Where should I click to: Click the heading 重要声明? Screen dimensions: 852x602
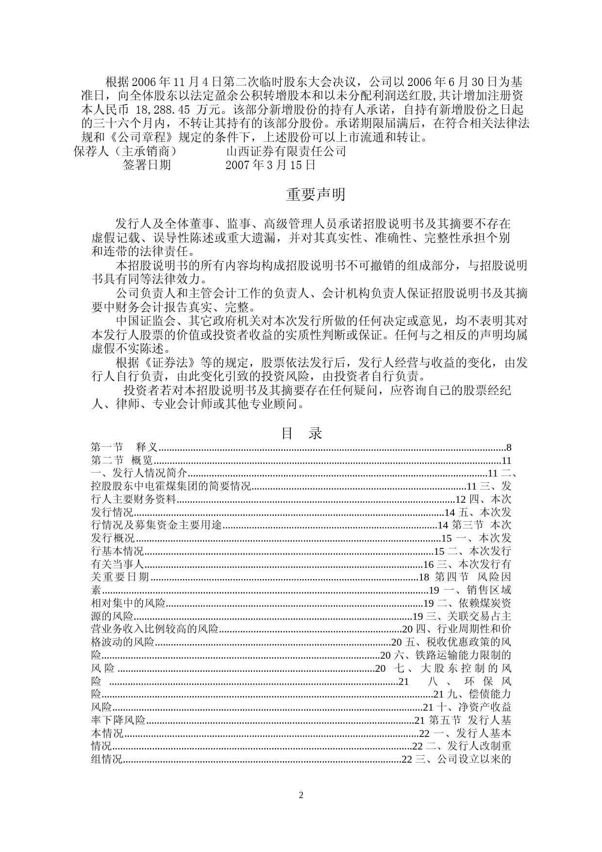click(x=316, y=195)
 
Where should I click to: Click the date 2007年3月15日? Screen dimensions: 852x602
click(x=270, y=165)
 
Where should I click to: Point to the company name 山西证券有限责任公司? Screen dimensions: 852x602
click(x=286, y=152)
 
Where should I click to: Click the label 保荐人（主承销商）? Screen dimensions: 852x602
click(x=125, y=152)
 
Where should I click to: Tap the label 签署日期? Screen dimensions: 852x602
click(x=147, y=165)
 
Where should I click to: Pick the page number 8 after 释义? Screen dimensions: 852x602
click(x=509, y=448)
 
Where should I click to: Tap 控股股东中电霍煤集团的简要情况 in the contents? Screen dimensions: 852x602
click(x=171, y=486)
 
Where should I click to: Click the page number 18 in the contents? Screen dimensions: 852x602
click(x=424, y=577)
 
